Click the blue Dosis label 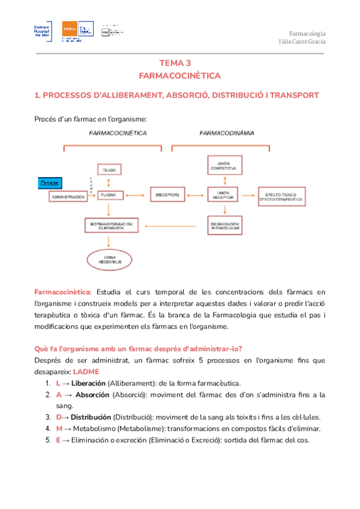coord(50,182)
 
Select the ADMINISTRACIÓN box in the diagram coord(68,196)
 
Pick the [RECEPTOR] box coord(164,195)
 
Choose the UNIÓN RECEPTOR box coord(226,195)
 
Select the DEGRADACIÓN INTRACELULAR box coord(226,226)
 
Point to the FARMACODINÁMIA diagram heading coord(226,132)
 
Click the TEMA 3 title coord(179,62)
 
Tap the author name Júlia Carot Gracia coord(302,41)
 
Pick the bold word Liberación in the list coord(89,383)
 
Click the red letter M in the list coord(59,429)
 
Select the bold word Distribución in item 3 coord(91,417)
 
